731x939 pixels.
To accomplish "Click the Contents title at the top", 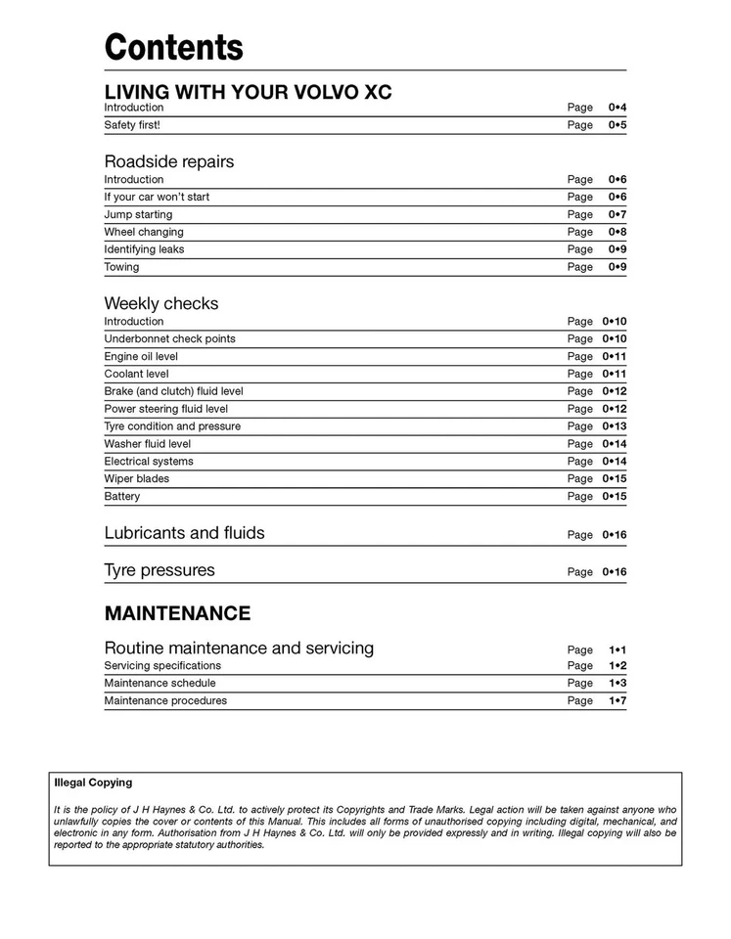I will click(173, 47).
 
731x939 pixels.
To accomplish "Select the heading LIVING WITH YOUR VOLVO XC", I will click(248, 92).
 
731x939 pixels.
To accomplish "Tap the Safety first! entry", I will click(132, 125).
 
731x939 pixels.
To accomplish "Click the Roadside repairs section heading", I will click(169, 161).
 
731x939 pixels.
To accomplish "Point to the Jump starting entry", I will click(138, 214).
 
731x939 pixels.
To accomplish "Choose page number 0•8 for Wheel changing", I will click(617, 232).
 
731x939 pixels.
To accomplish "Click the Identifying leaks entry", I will click(144, 249).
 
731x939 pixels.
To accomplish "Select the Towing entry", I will click(121, 267).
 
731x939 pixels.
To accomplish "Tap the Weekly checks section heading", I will click(161, 303).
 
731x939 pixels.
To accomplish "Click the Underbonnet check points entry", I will click(170, 338).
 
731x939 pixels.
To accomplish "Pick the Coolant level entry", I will click(136, 374).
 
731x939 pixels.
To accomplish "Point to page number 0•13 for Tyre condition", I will click(614, 426).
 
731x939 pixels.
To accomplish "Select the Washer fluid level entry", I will click(148, 444).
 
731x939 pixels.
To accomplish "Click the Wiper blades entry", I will click(137, 479).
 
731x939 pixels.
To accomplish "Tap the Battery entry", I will click(122, 497).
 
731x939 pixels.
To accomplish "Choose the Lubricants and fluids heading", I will click(184, 533).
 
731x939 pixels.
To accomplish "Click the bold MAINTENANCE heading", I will click(177, 613).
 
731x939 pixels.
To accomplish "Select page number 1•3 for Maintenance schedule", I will click(617, 684).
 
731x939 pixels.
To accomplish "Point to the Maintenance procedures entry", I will click(165, 701).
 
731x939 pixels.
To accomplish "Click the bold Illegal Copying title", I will click(93, 782).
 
